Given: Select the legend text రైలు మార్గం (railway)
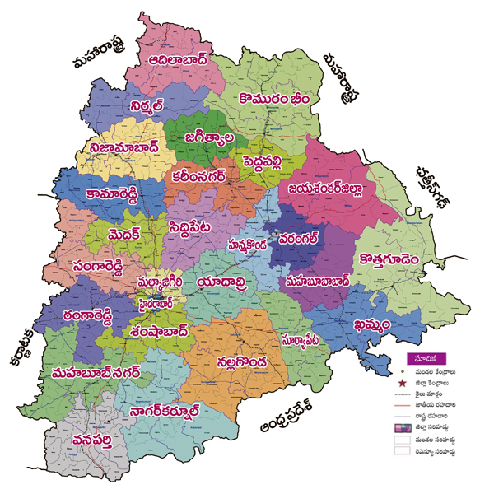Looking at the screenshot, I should coord(440,394).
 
